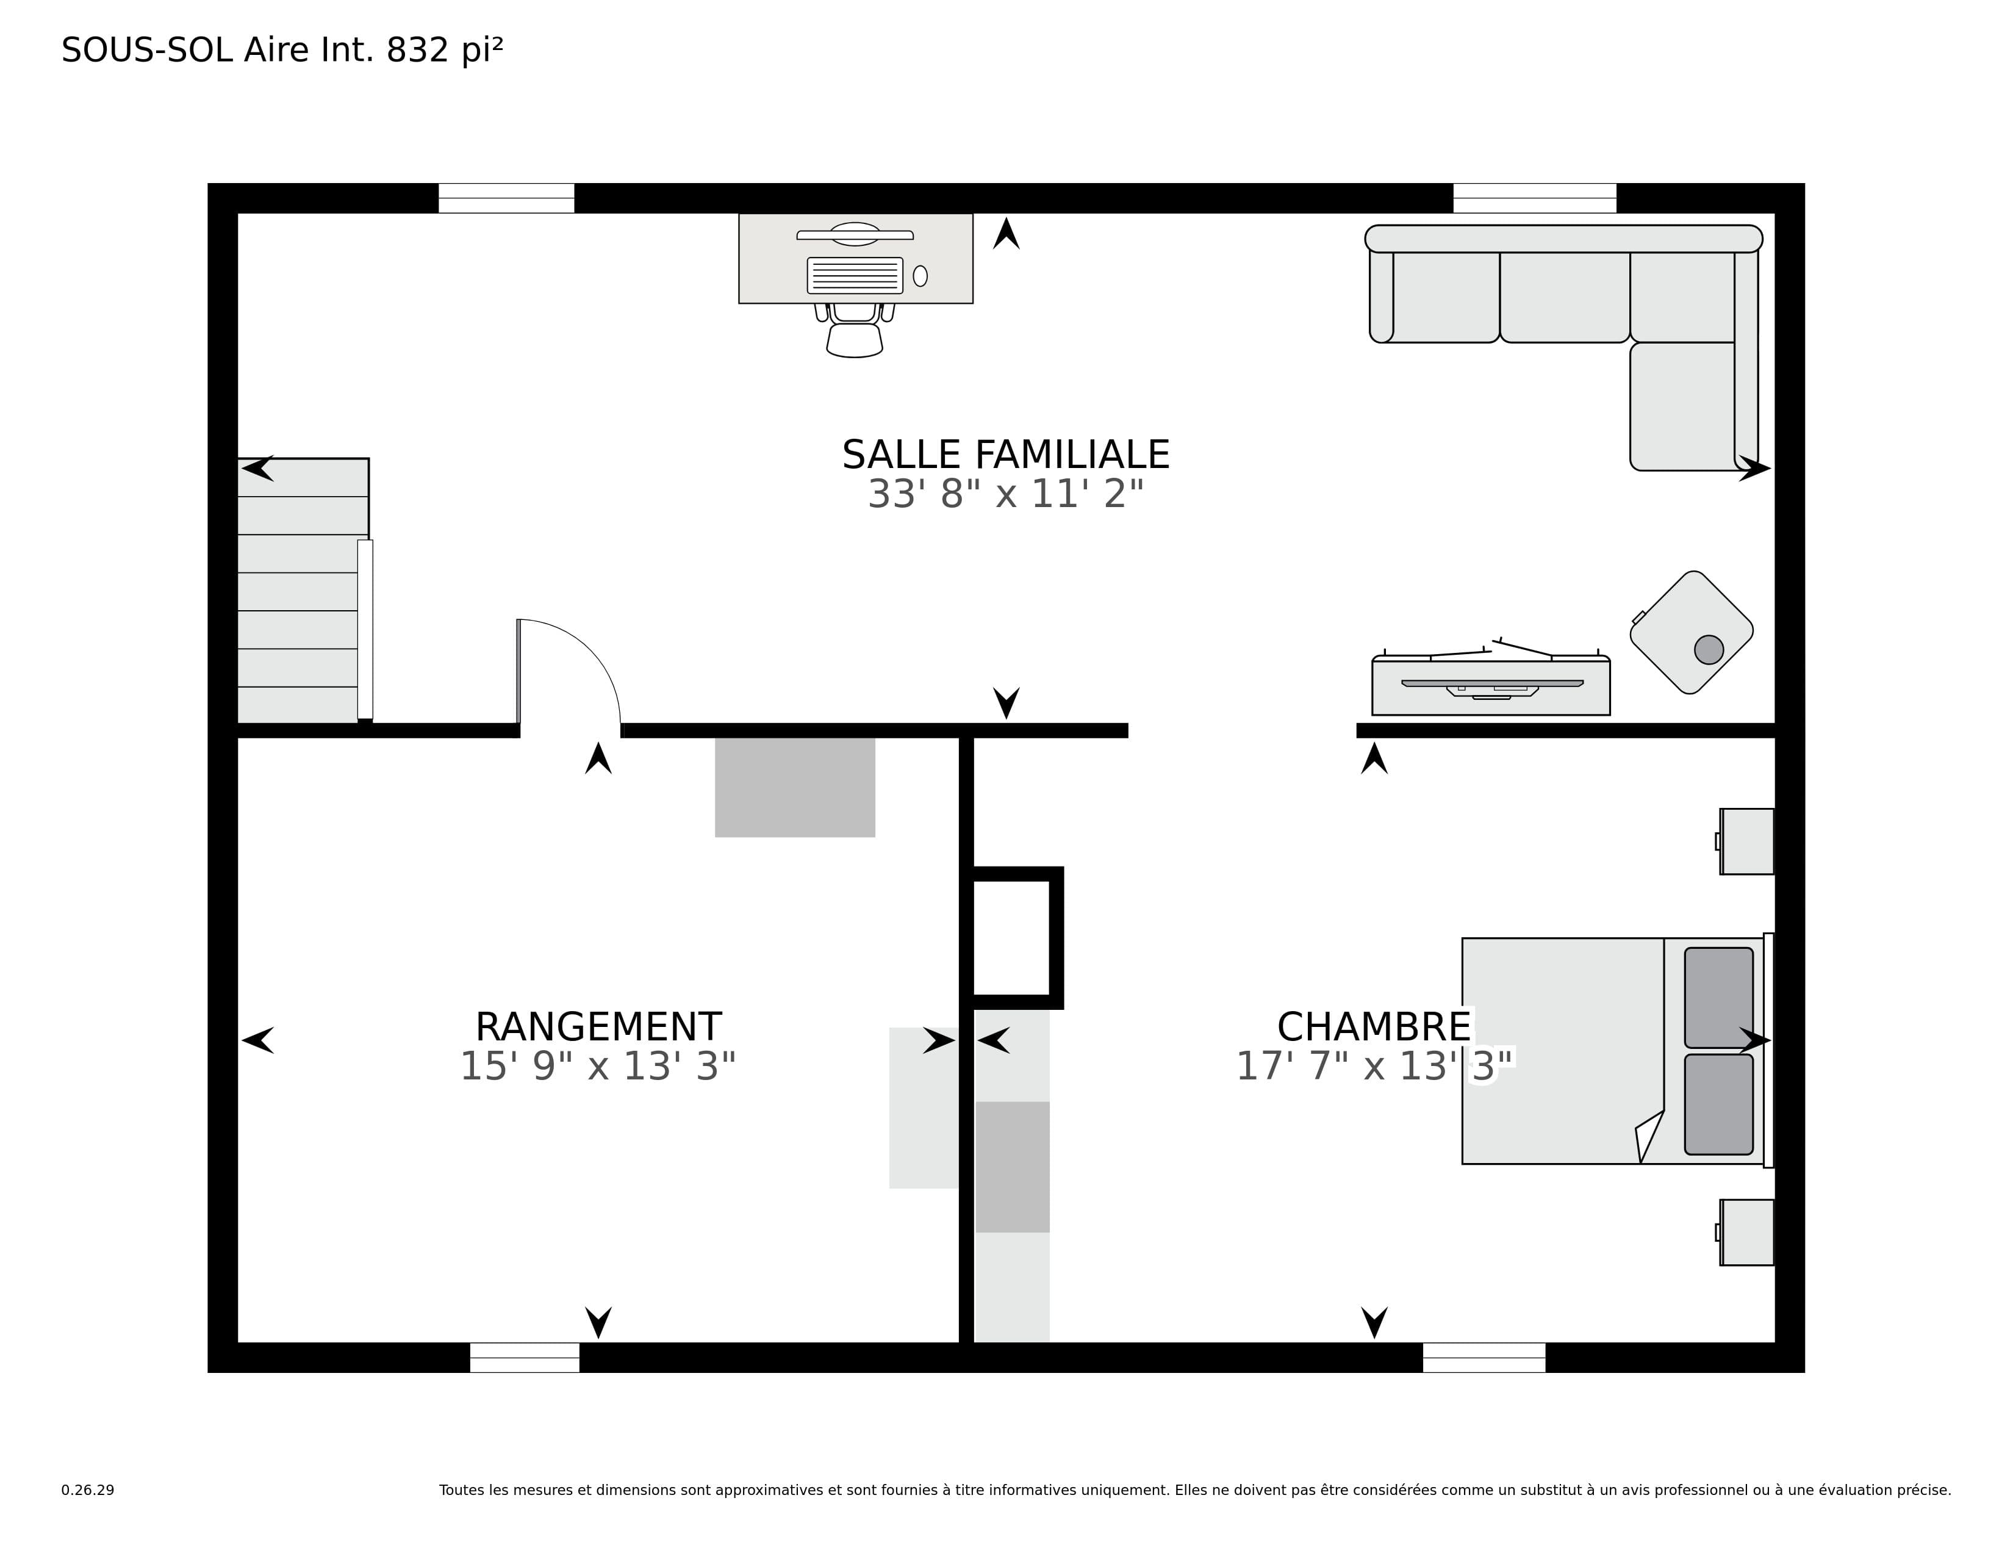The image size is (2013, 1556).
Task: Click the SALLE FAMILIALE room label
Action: pos(1005,455)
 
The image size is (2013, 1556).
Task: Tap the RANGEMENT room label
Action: pos(598,1027)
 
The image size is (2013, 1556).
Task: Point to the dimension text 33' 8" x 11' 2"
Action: pos(1005,494)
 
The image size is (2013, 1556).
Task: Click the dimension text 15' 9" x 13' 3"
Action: pos(598,1067)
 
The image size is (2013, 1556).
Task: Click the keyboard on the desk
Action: pos(855,275)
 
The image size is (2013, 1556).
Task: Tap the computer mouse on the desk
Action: pos(920,276)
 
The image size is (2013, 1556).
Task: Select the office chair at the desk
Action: pos(855,330)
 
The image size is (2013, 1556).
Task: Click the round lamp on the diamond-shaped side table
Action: pos(1709,649)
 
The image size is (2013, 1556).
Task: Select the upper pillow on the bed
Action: pos(1719,998)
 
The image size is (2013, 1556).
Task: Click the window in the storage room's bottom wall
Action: pos(525,1358)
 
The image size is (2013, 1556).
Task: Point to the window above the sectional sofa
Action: pos(1535,198)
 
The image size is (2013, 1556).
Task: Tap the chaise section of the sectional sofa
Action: pos(1683,406)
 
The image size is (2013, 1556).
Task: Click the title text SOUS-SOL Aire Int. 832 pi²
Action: pos(282,50)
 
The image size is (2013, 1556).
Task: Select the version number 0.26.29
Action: pos(88,1489)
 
